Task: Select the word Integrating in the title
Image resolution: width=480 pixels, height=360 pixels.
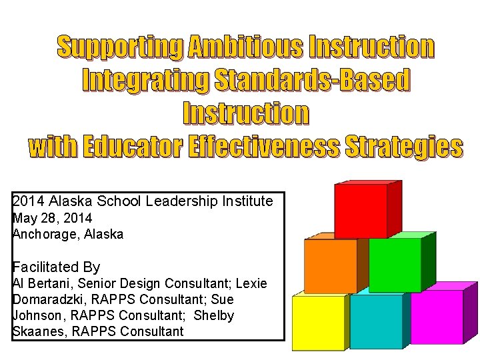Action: click(144, 81)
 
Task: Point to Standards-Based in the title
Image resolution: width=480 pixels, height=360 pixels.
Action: click(311, 81)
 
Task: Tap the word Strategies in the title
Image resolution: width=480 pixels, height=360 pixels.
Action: click(403, 147)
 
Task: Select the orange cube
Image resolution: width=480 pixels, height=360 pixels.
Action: click(330, 266)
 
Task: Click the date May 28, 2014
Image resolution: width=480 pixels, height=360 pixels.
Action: click(53, 218)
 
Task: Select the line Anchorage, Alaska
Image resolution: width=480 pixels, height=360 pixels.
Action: click(68, 234)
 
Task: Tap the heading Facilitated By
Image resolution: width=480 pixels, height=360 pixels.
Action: click(56, 267)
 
